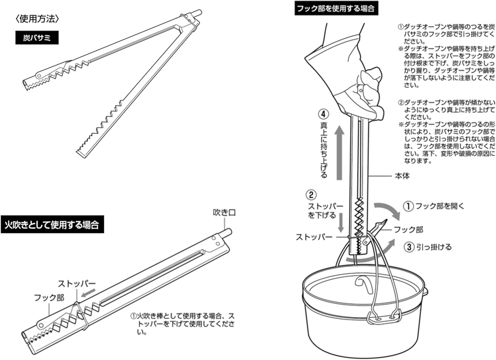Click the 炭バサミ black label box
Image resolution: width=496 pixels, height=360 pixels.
point(37,38)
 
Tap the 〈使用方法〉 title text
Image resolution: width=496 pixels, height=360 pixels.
point(37,19)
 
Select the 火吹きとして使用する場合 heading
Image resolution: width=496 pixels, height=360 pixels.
point(52,225)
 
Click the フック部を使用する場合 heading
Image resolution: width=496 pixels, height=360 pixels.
point(336,8)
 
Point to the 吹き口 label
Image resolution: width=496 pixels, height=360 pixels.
point(225,212)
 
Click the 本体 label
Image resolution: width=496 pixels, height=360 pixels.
point(402,176)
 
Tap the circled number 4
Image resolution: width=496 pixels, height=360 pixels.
point(324,114)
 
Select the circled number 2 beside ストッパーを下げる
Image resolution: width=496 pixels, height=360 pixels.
point(311,195)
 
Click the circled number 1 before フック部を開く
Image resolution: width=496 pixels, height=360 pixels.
point(409,206)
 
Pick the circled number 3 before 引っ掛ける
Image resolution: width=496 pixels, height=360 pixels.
point(409,247)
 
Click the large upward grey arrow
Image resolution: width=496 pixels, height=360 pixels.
point(339,154)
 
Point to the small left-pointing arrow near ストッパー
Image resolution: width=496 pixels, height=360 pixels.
point(88,293)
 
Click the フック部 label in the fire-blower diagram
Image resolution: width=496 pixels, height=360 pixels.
point(49,297)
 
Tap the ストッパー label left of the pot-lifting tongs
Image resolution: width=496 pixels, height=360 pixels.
point(314,237)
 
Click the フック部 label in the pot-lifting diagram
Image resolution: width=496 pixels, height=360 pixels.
point(409,229)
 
